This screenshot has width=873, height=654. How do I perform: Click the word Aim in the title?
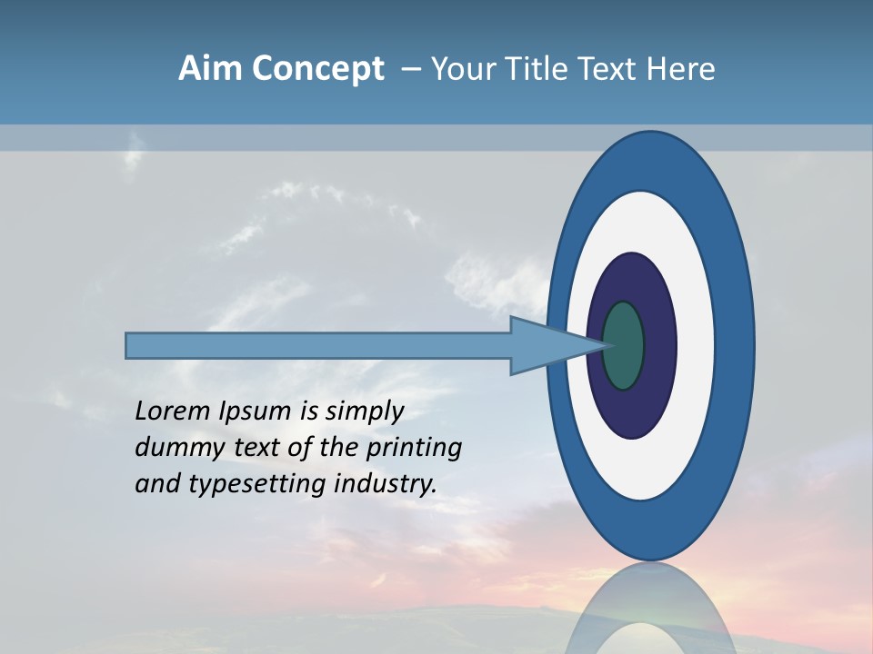coord(210,69)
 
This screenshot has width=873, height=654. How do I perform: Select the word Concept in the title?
coord(317,69)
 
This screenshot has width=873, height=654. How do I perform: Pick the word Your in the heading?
coord(463,69)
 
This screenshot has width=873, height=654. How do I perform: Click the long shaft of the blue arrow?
coord(318,346)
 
